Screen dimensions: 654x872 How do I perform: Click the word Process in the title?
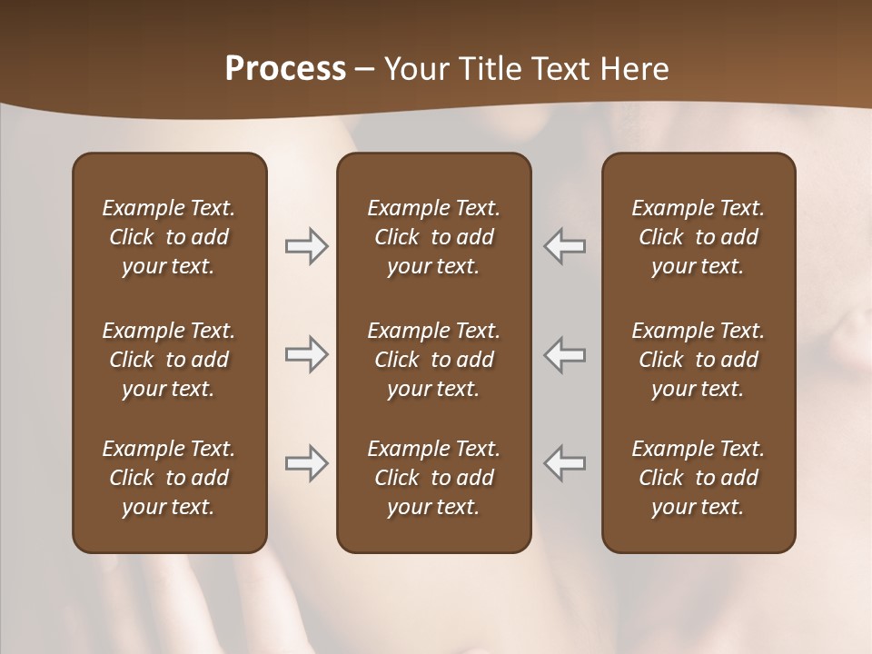click(285, 69)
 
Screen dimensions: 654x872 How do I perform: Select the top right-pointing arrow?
click(306, 246)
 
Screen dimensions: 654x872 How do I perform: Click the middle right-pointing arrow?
click(306, 354)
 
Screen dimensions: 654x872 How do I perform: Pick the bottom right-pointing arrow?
click(306, 462)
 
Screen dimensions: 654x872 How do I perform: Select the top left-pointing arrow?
click(565, 246)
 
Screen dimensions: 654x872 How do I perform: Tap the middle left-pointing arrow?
click(565, 354)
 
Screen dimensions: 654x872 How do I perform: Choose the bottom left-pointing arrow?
click(565, 462)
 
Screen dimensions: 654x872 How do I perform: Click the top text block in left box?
click(169, 237)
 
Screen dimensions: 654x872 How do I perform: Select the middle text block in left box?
click(169, 360)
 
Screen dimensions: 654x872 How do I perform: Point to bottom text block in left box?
click(169, 478)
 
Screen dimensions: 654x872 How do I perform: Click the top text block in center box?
click(433, 237)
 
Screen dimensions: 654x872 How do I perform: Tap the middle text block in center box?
click(433, 360)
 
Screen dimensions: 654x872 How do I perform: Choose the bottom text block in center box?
click(433, 478)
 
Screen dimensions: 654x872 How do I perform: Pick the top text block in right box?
click(698, 237)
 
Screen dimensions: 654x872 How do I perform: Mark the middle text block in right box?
click(698, 360)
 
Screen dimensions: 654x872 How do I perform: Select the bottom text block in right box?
click(698, 478)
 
